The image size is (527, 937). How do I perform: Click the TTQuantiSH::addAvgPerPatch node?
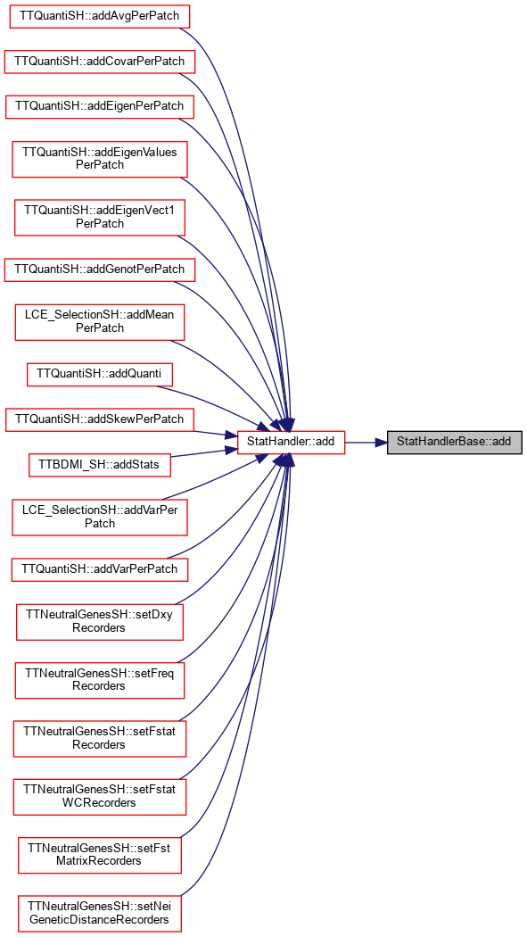coord(99,15)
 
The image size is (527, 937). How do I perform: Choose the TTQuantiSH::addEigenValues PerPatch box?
coord(99,158)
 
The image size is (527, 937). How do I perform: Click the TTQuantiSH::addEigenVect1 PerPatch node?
coord(100,216)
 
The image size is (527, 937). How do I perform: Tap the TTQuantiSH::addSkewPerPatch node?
coord(99,419)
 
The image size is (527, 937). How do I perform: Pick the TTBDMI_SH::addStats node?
coord(100,464)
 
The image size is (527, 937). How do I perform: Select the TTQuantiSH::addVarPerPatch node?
coord(100,568)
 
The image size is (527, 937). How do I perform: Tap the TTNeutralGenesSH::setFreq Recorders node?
coord(100,679)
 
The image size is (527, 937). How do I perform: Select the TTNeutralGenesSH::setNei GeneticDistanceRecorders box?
coord(100,913)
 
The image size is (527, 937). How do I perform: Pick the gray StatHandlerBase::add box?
coord(455,443)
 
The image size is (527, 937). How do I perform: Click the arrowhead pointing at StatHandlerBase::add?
coord(380,443)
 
